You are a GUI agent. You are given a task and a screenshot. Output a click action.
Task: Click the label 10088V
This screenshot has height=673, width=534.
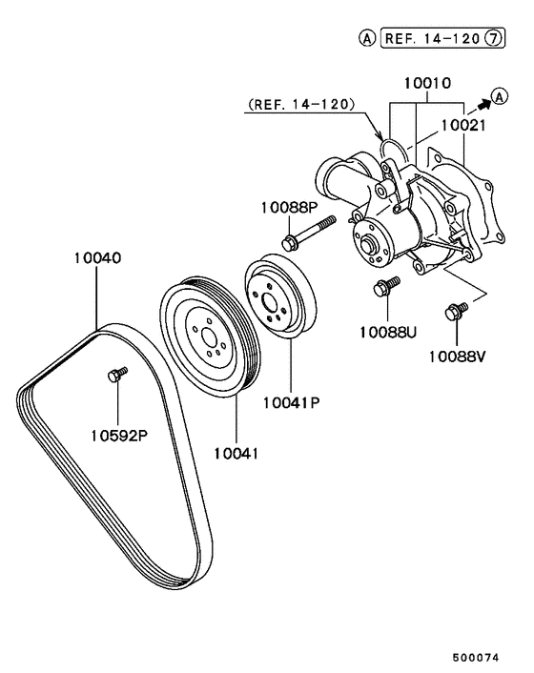click(x=457, y=357)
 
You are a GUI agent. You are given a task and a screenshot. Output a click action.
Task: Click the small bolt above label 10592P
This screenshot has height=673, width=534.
click(x=115, y=376)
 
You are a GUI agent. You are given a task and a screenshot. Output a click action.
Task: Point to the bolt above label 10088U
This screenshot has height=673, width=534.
click(x=387, y=287)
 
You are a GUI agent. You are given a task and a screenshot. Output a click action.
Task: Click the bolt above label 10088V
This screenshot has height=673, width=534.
click(x=455, y=311)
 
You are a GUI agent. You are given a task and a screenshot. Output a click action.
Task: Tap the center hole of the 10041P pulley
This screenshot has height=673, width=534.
click(x=272, y=298)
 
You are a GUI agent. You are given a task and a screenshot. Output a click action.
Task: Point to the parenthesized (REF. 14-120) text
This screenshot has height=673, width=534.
click(x=300, y=103)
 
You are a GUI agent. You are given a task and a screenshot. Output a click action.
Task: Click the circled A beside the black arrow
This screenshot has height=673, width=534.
click(x=498, y=93)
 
